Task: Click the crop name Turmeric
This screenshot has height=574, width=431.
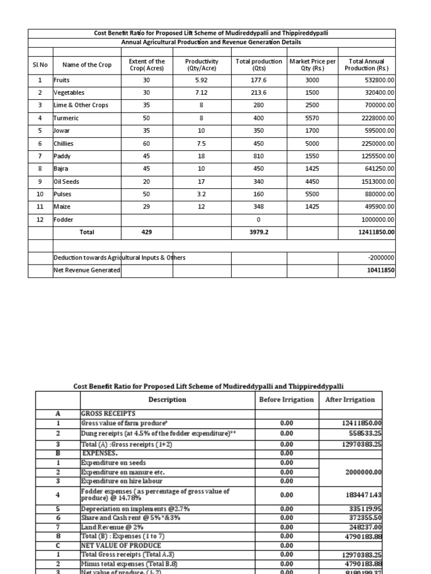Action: click(x=67, y=118)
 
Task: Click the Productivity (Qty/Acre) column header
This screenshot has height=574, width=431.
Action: click(x=201, y=65)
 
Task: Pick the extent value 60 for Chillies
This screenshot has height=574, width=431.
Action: click(x=146, y=143)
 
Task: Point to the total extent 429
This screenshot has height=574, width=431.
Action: click(x=146, y=232)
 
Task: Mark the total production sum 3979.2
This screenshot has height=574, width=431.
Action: click(x=257, y=232)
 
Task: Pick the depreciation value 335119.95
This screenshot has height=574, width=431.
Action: click(x=364, y=509)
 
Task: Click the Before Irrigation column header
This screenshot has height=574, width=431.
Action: click(x=287, y=400)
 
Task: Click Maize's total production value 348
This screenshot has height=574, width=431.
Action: click(x=257, y=207)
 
